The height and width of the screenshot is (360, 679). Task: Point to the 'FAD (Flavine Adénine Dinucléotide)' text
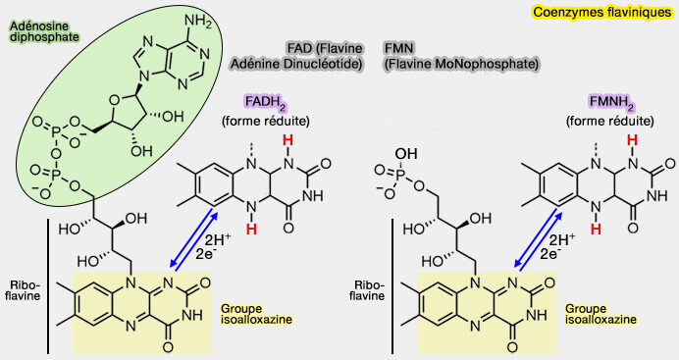(295, 56)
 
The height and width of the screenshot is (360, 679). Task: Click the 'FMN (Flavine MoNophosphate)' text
(461, 56)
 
